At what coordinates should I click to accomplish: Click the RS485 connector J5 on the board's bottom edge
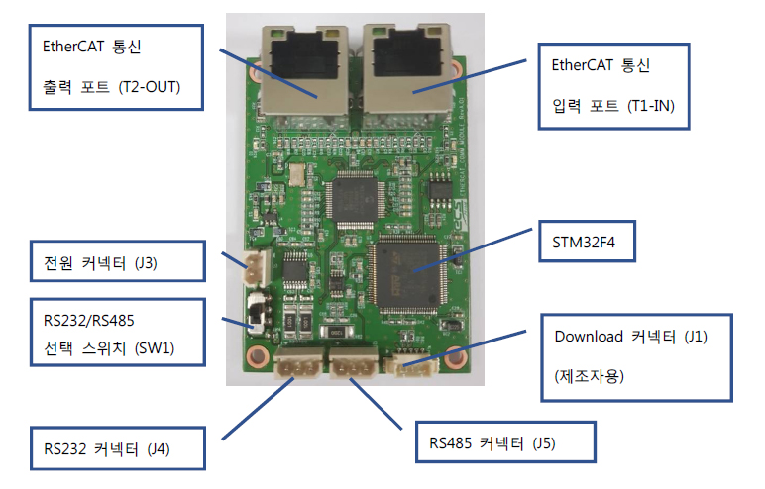(x=353, y=365)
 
